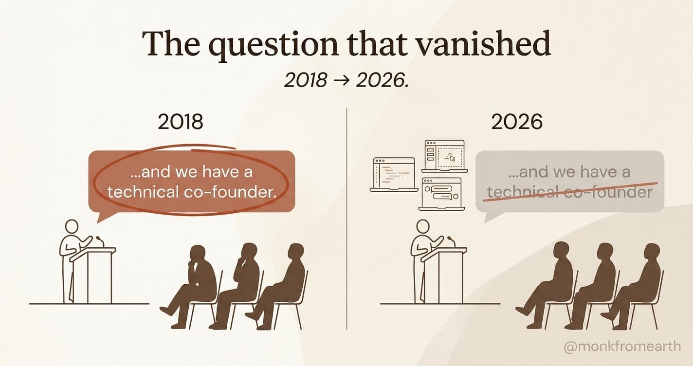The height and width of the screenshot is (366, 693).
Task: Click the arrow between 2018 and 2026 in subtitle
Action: click(342, 81)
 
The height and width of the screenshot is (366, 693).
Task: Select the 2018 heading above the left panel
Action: click(181, 122)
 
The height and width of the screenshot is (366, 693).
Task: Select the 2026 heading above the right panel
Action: click(517, 122)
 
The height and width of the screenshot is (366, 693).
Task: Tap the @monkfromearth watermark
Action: click(621, 347)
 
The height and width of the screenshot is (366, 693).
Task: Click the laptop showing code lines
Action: click(394, 174)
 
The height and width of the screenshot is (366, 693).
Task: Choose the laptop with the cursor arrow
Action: click(445, 156)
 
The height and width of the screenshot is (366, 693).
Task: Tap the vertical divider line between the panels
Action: click(346, 219)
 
